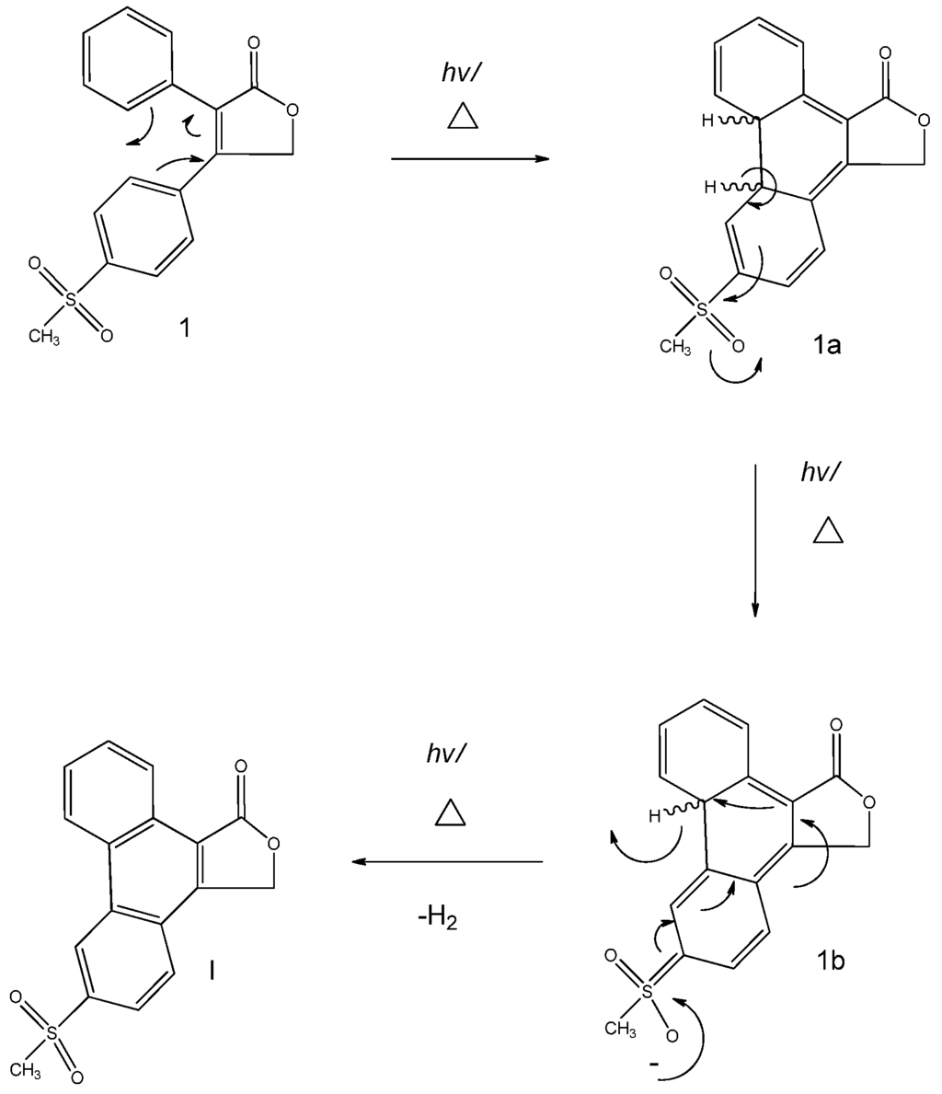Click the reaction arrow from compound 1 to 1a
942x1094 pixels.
point(469,159)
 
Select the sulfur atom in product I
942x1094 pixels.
point(52,1034)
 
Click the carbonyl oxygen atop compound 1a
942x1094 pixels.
point(885,52)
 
